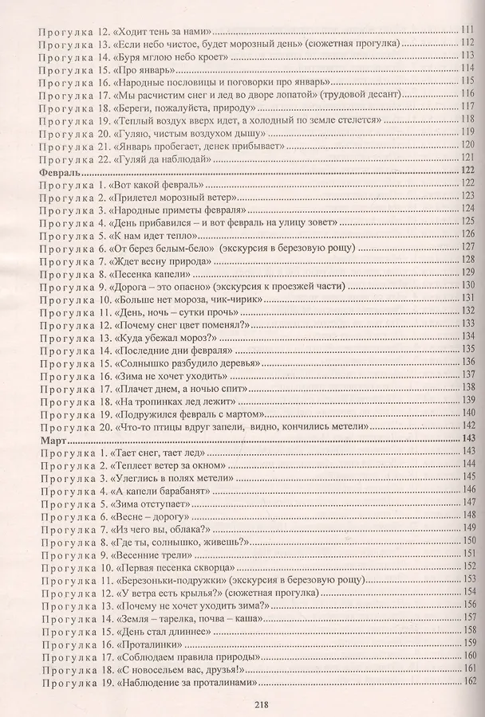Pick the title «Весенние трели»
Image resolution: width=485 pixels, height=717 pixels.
(149, 554)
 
